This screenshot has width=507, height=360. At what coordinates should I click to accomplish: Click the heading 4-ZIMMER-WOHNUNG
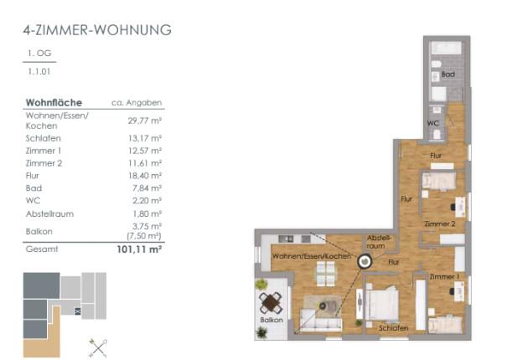(97, 30)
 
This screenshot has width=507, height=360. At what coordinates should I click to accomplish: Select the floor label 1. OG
(39, 53)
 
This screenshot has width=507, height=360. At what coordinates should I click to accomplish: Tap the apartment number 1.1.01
(39, 71)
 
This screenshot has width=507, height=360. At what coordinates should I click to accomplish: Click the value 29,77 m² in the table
(144, 121)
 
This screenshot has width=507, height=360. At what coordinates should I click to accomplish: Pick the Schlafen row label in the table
(44, 138)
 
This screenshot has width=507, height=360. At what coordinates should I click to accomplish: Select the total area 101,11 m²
(139, 249)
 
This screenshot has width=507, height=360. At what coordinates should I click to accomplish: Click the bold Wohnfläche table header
(54, 102)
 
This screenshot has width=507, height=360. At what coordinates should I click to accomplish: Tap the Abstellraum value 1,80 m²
(147, 213)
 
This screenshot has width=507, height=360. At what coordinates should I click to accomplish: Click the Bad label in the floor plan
(448, 75)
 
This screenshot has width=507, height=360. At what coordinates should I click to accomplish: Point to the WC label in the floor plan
(433, 123)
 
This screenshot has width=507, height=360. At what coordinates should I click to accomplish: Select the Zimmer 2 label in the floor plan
(440, 224)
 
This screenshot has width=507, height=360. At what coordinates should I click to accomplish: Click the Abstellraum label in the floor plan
(379, 242)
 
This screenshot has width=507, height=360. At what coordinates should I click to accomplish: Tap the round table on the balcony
(271, 303)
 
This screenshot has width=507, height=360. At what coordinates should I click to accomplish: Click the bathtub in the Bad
(446, 49)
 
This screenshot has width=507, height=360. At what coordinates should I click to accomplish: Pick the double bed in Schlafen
(382, 303)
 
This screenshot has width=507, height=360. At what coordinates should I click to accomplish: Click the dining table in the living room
(326, 274)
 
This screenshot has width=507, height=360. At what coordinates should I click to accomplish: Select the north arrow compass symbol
(98, 348)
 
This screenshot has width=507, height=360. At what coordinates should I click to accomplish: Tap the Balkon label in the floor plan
(272, 320)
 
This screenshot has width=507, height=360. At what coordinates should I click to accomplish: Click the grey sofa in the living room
(321, 320)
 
